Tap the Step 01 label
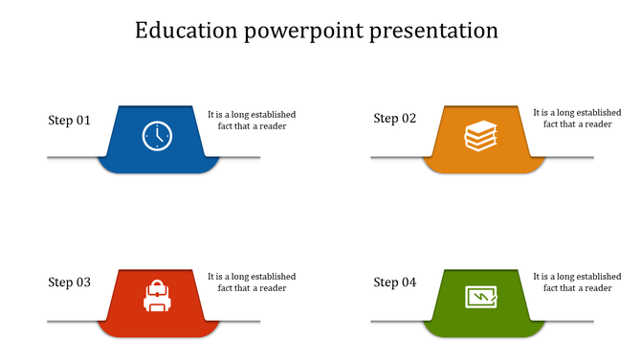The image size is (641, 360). pyautogui.click(x=69, y=121)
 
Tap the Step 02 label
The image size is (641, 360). pyautogui.click(x=394, y=119)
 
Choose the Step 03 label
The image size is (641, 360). pyautogui.click(x=69, y=282)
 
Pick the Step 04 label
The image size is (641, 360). pyautogui.click(x=394, y=282)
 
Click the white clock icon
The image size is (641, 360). pyautogui.click(x=157, y=136)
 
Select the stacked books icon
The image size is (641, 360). pyautogui.click(x=481, y=136)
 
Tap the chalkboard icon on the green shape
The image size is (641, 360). pyautogui.click(x=481, y=297)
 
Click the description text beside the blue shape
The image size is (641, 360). pyautogui.click(x=252, y=120)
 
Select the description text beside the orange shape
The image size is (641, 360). pyautogui.click(x=577, y=118)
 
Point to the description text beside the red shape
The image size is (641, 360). pyautogui.click(x=252, y=282)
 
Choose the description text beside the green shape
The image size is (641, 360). pyautogui.click(x=577, y=282)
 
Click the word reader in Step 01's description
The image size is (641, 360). pyautogui.click(x=271, y=126)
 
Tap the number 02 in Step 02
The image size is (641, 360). pyautogui.click(x=409, y=119)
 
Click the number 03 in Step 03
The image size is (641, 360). pyautogui.click(x=83, y=282)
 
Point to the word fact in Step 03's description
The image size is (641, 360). pyautogui.click(x=227, y=288)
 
